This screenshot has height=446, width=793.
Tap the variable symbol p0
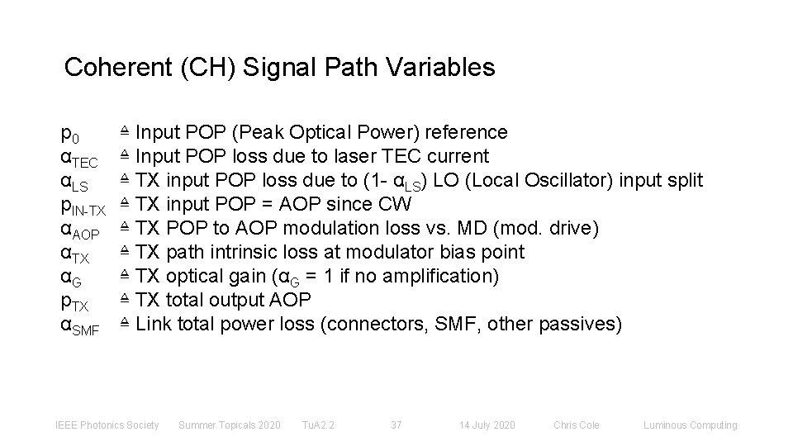(x=71, y=135)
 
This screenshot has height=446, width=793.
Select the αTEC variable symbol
(x=81, y=158)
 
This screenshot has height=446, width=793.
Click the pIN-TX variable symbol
(x=83, y=206)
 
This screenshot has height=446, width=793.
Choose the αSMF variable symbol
(x=81, y=326)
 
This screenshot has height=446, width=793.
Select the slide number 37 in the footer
(x=396, y=425)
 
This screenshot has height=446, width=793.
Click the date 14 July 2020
(x=487, y=425)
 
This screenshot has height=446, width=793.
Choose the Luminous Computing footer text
(x=691, y=425)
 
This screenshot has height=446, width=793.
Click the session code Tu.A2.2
(x=318, y=425)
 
